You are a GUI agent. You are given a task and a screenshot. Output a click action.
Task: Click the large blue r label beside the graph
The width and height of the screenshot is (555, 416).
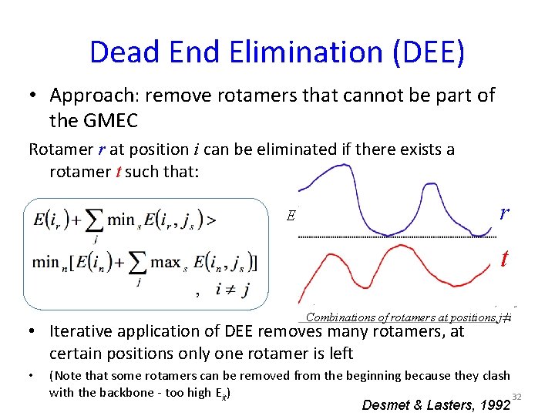click(503, 213)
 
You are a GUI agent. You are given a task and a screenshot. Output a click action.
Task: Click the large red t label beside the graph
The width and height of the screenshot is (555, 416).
click(503, 258)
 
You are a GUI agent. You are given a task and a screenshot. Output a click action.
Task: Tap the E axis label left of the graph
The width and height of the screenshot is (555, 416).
click(291, 216)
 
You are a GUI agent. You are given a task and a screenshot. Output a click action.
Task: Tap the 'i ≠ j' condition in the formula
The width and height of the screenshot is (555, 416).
click(232, 290)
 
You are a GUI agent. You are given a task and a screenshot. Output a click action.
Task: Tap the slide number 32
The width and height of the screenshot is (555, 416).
click(517, 394)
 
